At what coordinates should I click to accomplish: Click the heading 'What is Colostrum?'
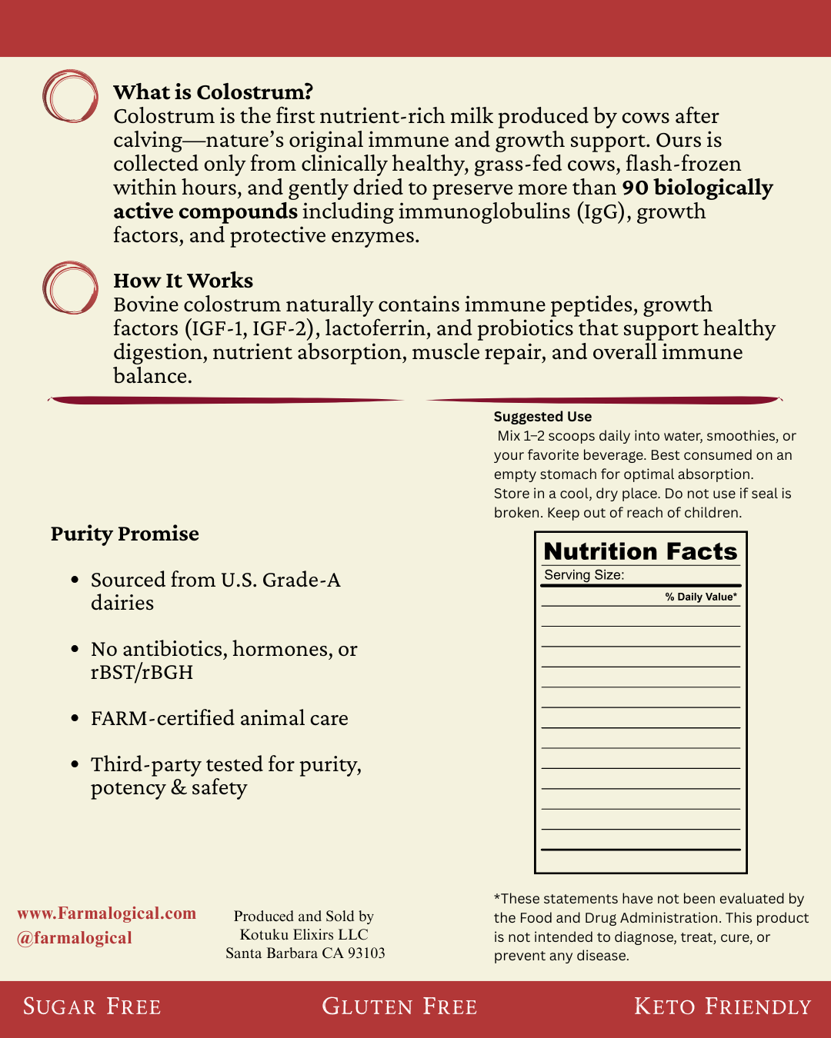click(x=213, y=92)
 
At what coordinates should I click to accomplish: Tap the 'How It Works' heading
click(x=183, y=281)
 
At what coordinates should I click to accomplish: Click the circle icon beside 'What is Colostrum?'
click(x=70, y=97)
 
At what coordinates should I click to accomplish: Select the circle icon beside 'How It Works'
click(x=70, y=288)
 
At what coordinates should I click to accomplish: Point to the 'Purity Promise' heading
click(x=125, y=534)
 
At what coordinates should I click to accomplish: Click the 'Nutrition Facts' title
click(x=640, y=551)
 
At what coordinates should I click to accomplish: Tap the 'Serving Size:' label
click(x=584, y=575)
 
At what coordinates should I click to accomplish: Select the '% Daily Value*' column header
click(x=701, y=597)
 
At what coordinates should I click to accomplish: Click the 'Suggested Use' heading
click(x=542, y=417)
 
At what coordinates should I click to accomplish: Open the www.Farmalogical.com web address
click(x=107, y=913)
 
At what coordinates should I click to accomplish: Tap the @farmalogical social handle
click(x=75, y=938)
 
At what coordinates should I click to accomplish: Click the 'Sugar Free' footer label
click(x=92, y=1006)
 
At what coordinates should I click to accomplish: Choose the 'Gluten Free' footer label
click(x=399, y=1006)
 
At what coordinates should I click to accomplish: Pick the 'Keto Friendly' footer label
click(x=723, y=1006)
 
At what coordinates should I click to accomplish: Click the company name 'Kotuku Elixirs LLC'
click(x=304, y=934)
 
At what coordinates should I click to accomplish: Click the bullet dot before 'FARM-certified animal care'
click(x=75, y=718)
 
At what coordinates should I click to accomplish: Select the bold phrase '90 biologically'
click(x=697, y=188)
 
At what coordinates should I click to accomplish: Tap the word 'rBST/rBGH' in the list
click(x=142, y=672)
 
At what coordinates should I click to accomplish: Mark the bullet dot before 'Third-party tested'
click(x=75, y=764)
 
